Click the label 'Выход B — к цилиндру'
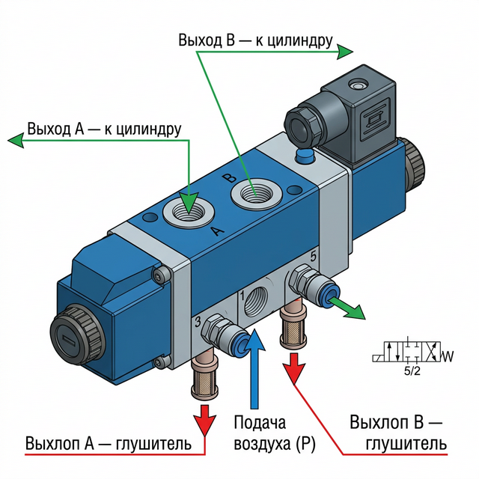pyautogui.click(x=254, y=39)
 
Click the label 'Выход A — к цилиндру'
pyautogui.click(x=104, y=129)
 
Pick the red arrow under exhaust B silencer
pyautogui.click(x=294, y=365)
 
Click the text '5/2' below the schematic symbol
pyautogui.click(x=412, y=369)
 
